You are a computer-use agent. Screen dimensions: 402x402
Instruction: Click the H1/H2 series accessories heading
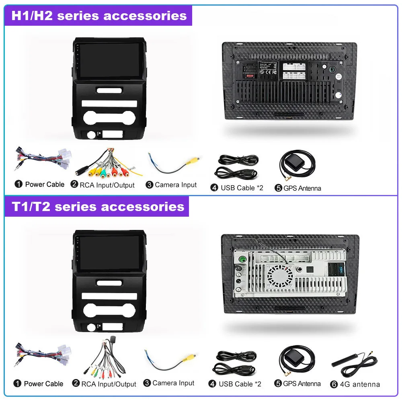point(99,16)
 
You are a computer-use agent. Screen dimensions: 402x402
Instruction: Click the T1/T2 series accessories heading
point(98,207)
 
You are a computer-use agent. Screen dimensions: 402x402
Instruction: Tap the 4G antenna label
point(359,384)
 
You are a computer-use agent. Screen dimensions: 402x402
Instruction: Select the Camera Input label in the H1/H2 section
point(176,185)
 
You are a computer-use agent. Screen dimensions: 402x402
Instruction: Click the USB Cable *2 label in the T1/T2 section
point(240,384)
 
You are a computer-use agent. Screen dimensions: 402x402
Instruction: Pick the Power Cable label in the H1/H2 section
point(45,184)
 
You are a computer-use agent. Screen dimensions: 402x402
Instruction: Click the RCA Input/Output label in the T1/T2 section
point(109,384)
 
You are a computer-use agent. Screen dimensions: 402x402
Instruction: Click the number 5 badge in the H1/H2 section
point(279,188)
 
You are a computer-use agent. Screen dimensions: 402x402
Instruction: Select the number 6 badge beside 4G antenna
point(334,384)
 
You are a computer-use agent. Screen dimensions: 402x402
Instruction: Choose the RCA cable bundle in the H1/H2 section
point(109,165)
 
